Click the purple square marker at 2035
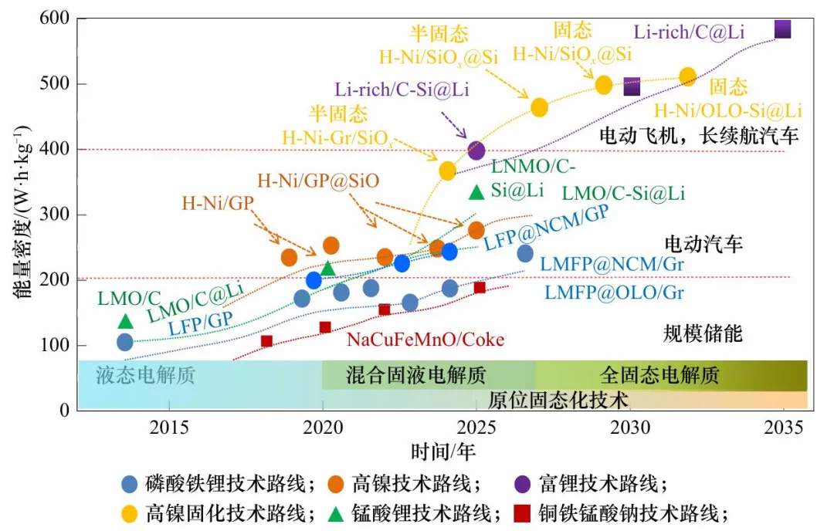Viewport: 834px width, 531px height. coord(782,29)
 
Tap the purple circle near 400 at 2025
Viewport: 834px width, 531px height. coord(476,150)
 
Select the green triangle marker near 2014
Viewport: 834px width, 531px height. coord(126,320)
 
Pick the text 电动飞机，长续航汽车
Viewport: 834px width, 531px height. coord(699,137)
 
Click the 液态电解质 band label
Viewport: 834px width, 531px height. coord(145,376)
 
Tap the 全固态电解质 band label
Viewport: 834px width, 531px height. coord(659,376)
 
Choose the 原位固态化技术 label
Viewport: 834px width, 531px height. coord(558,399)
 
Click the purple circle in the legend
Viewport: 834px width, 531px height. coord(522,484)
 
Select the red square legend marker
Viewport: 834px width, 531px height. coord(523,513)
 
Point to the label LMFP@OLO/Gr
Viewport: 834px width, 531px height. coord(614,293)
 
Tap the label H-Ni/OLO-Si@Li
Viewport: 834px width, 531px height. coord(727,110)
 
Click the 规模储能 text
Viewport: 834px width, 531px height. coord(703,333)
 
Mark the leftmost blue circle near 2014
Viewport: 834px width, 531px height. coord(125,342)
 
